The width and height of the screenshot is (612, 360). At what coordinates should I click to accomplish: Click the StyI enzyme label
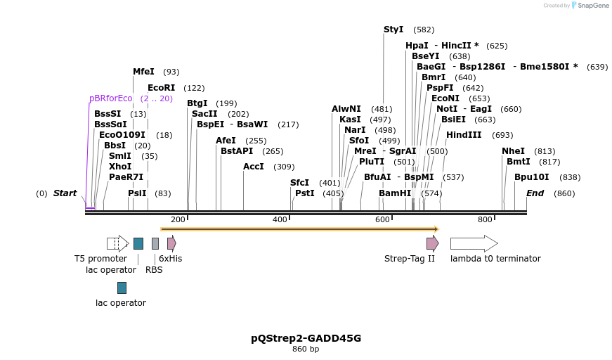(x=393, y=30)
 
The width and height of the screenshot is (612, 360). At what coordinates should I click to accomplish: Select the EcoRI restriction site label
(x=161, y=88)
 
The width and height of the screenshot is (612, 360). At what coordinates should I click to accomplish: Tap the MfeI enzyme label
(x=143, y=72)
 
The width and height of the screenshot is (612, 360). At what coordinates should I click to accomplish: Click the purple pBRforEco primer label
(x=110, y=98)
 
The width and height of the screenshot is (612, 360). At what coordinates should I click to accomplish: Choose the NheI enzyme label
(x=513, y=151)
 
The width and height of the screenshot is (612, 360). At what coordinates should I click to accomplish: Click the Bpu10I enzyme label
(x=532, y=177)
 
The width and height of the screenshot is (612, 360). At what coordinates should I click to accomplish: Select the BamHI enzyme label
(x=395, y=193)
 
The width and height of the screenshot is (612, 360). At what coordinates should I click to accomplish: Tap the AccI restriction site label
(x=254, y=167)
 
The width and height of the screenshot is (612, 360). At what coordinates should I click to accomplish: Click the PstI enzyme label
(x=304, y=193)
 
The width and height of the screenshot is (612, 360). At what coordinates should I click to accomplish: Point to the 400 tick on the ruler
(x=280, y=220)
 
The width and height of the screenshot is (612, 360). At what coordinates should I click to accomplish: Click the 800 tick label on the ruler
(x=485, y=220)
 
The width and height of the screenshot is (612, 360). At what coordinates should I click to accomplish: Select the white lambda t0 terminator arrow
(x=474, y=243)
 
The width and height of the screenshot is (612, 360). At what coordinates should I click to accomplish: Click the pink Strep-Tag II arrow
(x=432, y=243)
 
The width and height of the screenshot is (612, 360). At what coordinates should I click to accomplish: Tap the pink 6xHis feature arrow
(x=171, y=243)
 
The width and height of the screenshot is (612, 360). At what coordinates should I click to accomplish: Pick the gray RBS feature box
(x=155, y=243)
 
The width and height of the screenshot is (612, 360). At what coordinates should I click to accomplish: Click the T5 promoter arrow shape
(x=117, y=243)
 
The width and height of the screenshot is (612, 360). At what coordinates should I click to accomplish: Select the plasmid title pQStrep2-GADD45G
(x=306, y=337)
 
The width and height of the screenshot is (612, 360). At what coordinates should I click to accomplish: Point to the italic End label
(x=535, y=193)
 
